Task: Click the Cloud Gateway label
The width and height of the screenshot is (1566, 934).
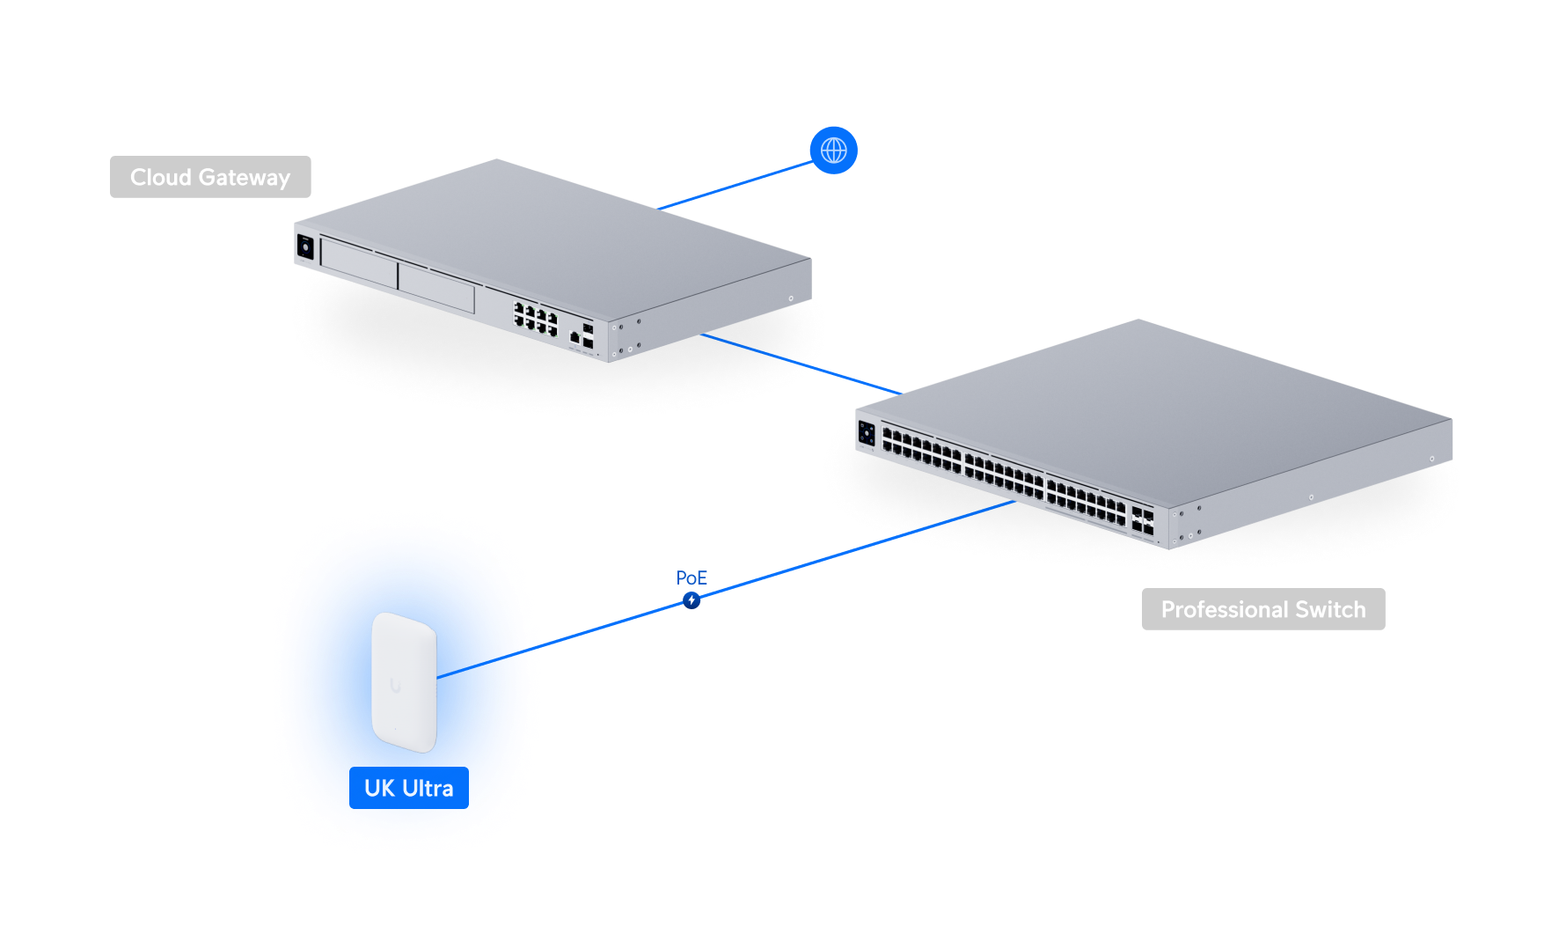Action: click(210, 177)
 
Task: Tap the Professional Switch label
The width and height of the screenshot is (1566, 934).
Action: click(1262, 609)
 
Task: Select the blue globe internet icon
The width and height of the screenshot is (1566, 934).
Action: click(833, 151)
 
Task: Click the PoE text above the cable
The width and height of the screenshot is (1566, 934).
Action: click(692, 577)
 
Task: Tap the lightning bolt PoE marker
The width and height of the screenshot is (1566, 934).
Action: click(692, 600)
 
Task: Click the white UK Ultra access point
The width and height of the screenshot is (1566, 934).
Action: click(404, 682)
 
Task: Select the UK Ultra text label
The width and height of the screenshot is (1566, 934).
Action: click(408, 788)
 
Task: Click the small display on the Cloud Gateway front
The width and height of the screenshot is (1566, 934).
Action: click(305, 247)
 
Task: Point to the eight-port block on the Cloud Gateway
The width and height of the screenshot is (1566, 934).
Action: click(535, 320)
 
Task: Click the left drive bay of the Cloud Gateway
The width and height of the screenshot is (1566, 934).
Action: click(359, 261)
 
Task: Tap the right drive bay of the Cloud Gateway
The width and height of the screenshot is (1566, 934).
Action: click(436, 287)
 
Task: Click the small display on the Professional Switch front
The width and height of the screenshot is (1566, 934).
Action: click(867, 432)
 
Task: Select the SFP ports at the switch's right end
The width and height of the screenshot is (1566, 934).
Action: click(1142, 520)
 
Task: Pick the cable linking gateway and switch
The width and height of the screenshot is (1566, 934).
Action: click(801, 364)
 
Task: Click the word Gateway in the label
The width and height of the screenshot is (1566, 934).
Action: click(245, 177)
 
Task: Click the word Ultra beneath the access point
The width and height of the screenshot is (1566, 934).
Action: click(428, 788)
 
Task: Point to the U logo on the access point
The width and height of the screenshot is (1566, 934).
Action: click(396, 685)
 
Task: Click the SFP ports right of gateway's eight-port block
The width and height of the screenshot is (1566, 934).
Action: click(587, 335)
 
